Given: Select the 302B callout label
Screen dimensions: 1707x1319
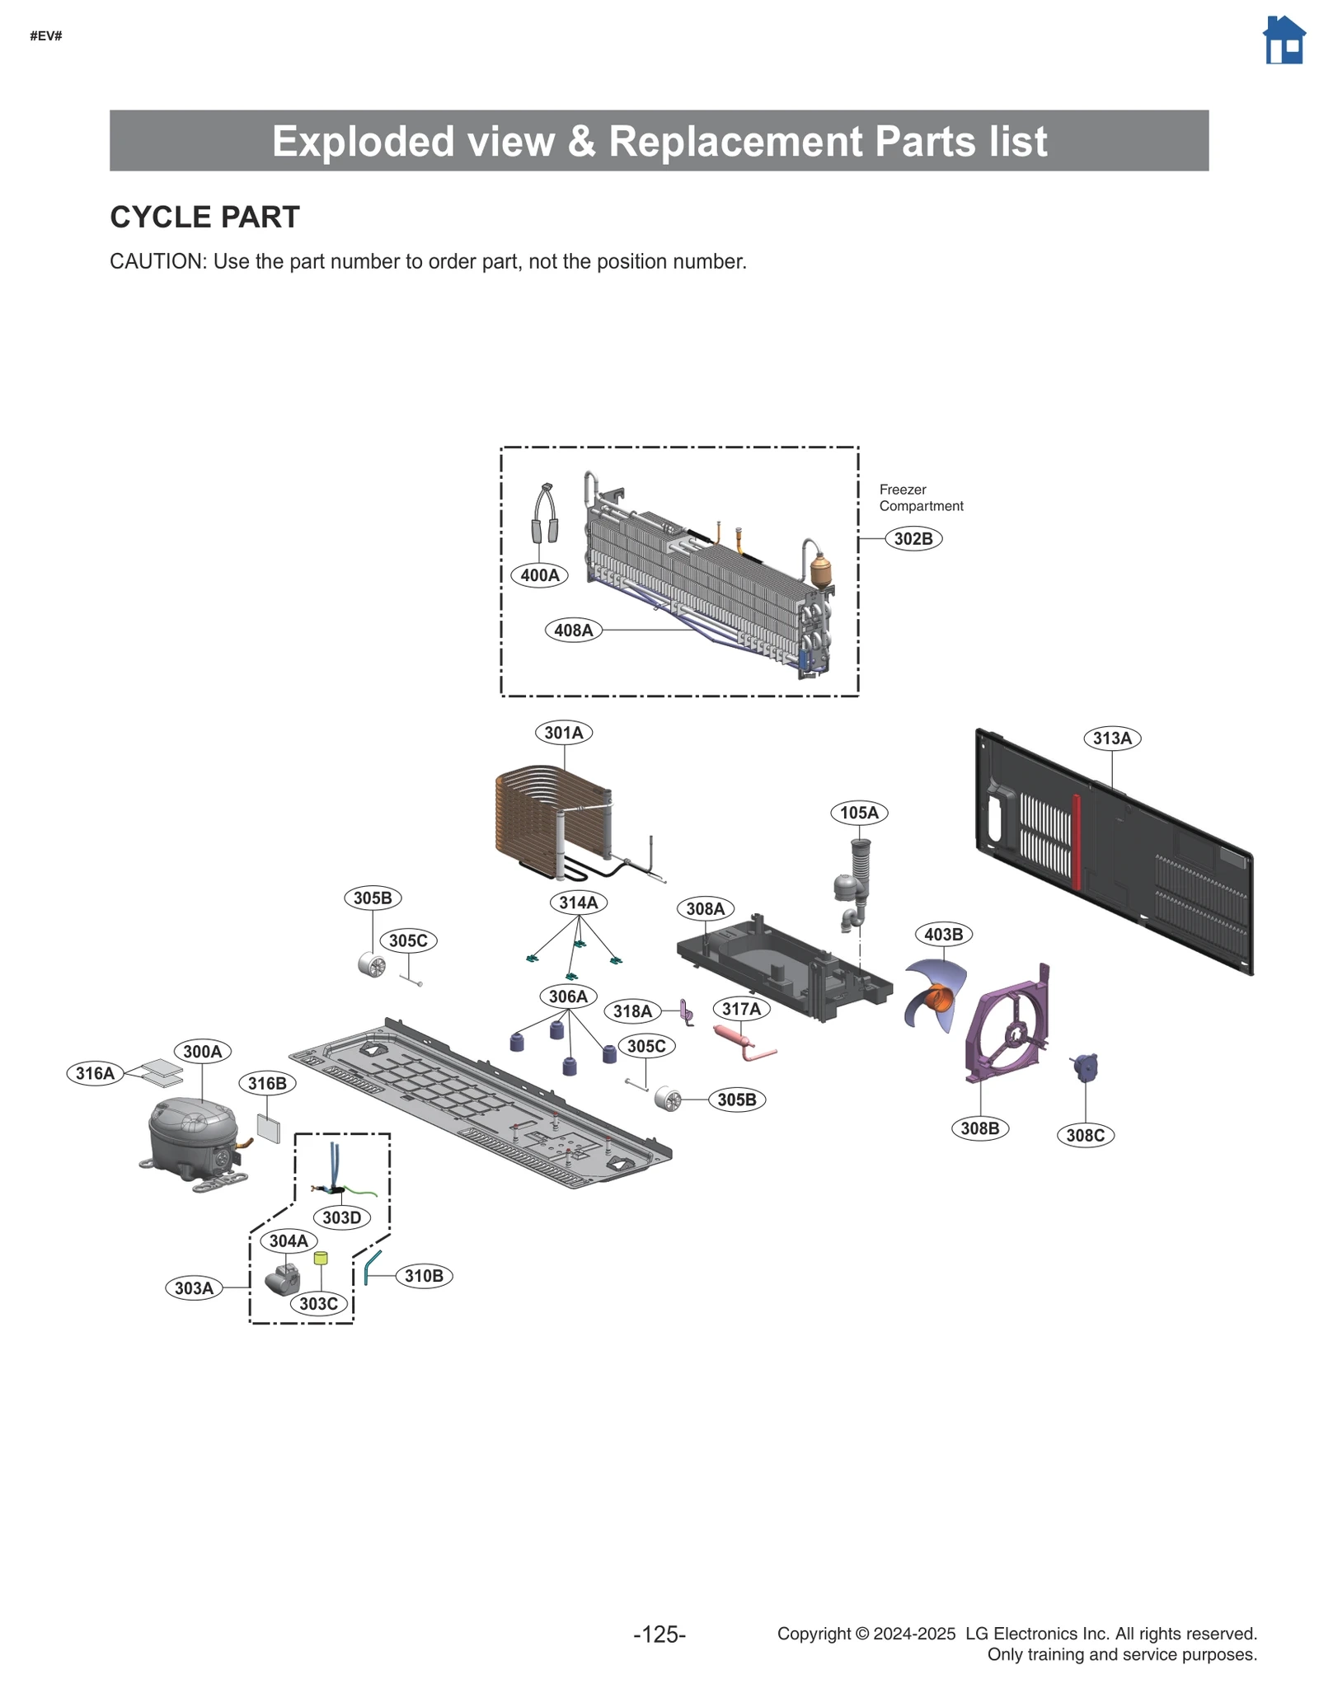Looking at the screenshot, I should point(913,538).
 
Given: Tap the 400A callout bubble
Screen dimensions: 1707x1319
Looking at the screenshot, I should point(539,574).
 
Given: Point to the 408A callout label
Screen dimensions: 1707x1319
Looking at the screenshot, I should point(573,630).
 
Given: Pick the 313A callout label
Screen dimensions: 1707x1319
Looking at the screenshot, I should point(1111,738).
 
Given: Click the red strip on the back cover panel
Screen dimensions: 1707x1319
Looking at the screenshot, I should point(1076,841).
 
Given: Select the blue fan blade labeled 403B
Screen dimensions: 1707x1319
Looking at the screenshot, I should point(936,993).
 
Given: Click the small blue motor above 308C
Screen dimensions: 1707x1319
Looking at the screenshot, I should point(1085,1067).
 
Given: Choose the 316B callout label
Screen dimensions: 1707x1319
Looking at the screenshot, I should point(267,1083).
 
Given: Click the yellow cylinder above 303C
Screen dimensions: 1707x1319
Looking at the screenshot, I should point(321,1258).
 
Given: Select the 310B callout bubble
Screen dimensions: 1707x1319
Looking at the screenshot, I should point(424,1276).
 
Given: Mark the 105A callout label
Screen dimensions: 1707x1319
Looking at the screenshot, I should point(858,813).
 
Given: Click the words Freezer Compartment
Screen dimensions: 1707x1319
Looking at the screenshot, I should point(919,498).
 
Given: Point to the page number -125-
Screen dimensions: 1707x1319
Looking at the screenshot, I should point(659,1634).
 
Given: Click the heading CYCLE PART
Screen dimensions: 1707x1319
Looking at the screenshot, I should point(204,217).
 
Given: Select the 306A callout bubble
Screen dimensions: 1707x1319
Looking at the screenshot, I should point(568,997).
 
